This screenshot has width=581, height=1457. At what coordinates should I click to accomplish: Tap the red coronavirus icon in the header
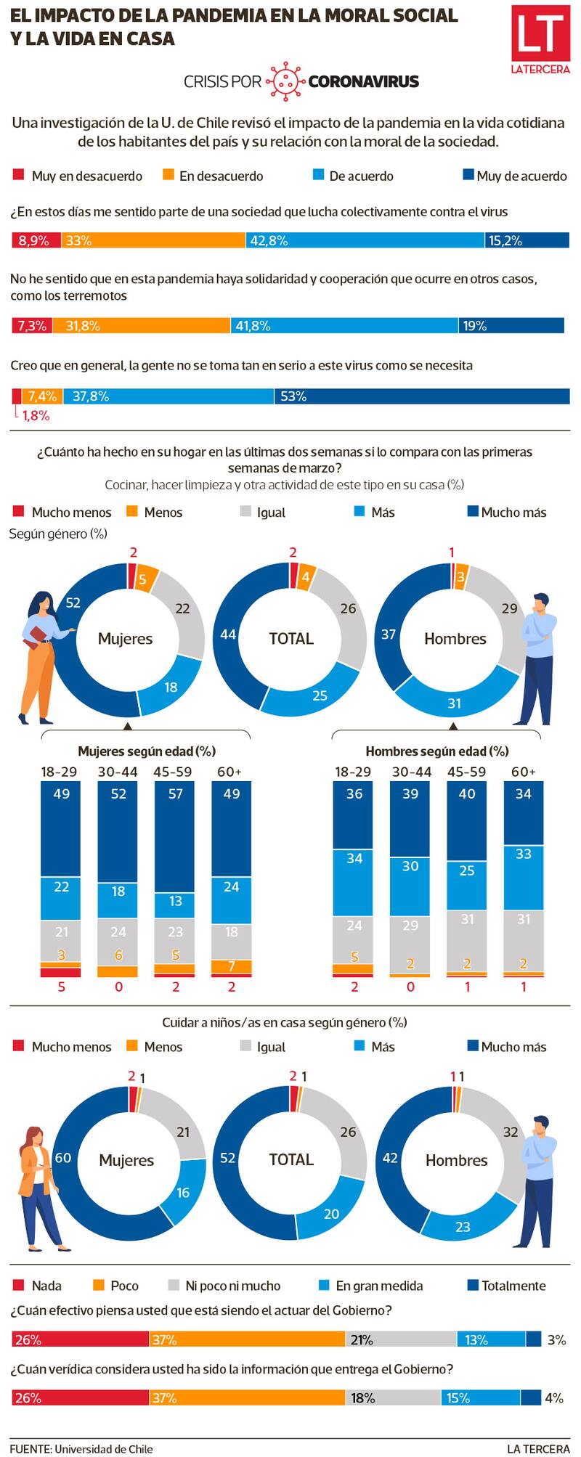[285, 81]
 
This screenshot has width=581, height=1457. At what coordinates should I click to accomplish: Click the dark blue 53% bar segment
[421, 396]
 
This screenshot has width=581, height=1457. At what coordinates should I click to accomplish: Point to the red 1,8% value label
[36, 416]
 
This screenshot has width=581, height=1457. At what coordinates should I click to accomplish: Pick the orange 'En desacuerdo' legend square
[168, 175]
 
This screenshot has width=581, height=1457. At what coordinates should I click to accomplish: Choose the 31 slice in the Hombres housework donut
[455, 701]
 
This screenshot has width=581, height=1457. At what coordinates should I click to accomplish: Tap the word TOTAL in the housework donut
[291, 639]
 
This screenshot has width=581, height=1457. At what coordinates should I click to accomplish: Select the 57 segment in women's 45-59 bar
[175, 835]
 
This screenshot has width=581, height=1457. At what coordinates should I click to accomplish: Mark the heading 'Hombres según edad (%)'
[436, 751]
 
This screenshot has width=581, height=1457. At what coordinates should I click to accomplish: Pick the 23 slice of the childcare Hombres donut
[463, 1226]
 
